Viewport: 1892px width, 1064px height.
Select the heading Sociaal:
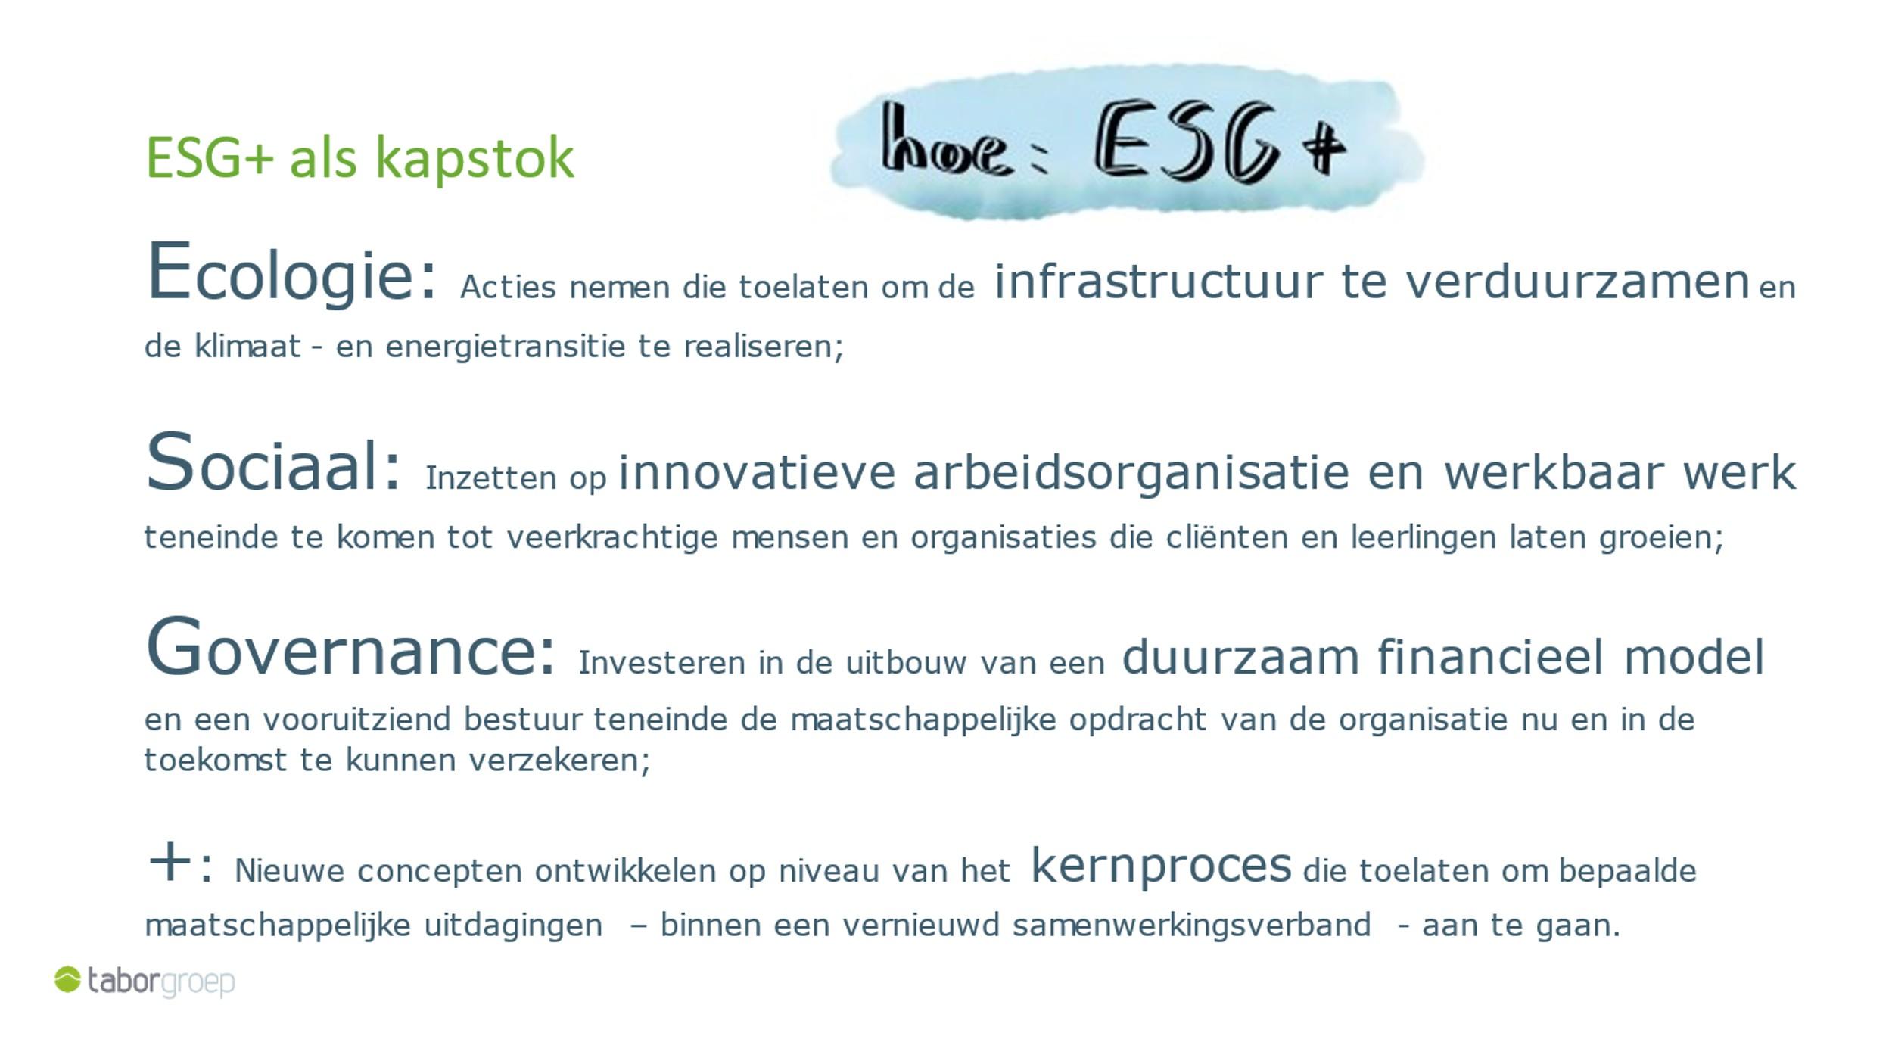pos(272,462)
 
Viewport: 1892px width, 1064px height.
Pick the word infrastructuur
pos(1159,282)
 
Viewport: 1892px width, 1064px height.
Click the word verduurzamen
pos(1577,282)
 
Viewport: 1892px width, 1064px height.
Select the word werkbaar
pos(1554,473)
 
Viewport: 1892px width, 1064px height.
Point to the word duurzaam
pos(1240,657)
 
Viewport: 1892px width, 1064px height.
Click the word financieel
pos(1490,656)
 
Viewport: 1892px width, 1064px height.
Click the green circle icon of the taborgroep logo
pos(67,979)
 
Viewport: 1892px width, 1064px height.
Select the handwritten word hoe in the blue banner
pos(945,141)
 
